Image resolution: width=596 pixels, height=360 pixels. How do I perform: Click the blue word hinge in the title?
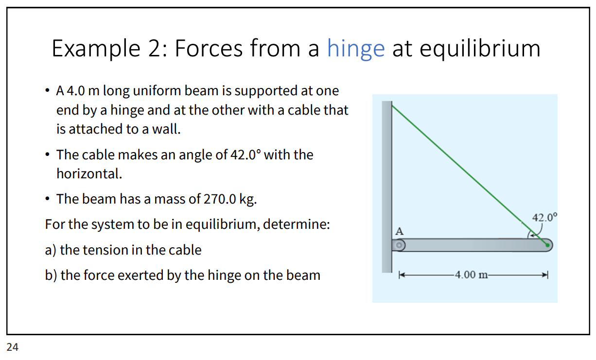[355, 49]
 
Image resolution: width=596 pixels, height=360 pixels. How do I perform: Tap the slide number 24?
[13, 347]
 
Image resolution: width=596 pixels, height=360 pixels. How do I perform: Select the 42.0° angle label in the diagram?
[545, 217]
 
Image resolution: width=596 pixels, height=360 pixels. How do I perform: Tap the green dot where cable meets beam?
[547, 245]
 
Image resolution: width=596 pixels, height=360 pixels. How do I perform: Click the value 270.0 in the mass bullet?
[209, 199]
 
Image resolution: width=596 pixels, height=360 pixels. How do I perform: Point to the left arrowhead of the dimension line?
[402, 275]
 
